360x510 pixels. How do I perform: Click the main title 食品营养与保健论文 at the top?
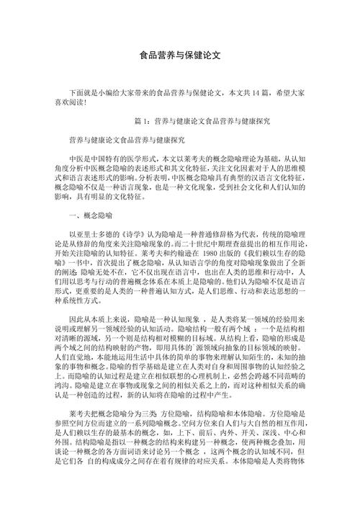point(179,55)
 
